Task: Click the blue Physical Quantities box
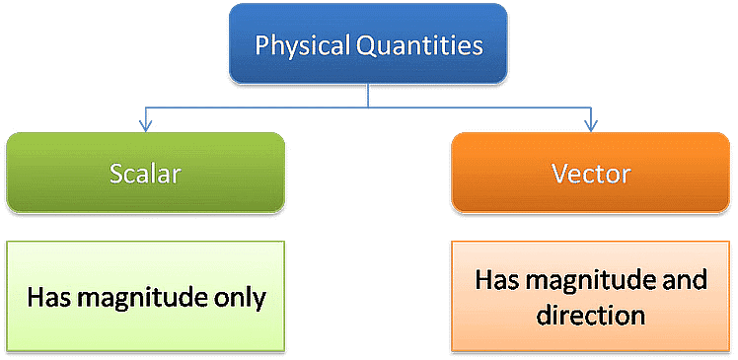[x=369, y=45]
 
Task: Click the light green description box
[x=146, y=297]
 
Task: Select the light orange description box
[x=590, y=297]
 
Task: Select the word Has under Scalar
[x=46, y=297]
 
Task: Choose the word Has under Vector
[x=494, y=280]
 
